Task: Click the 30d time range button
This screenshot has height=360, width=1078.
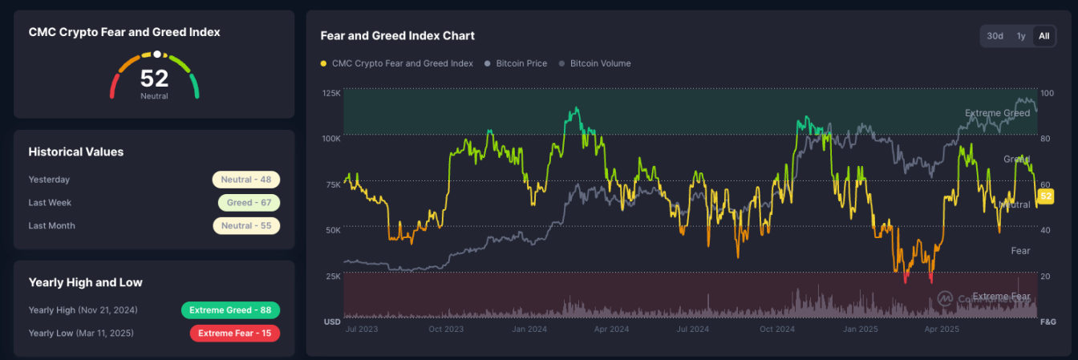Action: click(x=995, y=36)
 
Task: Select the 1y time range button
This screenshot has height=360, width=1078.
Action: click(x=1021, y=36)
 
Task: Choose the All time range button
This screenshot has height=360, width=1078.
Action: click(x=1044, y=36)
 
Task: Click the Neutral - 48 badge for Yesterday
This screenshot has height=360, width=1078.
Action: click(x=246, y=180)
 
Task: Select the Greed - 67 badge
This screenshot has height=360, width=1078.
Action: click(x=249, y=203)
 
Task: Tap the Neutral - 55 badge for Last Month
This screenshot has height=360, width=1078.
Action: click(x=246, y=226)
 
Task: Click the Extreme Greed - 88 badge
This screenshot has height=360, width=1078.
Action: click(x=230, y=310)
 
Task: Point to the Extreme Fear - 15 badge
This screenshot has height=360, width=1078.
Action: click(x=234, y=333)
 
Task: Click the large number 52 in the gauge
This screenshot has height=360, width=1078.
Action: click(x=154, y=79)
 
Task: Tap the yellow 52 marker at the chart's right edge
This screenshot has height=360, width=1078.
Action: click(x=1045, y=196)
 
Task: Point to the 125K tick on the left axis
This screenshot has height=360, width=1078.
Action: click(x=331, y=94)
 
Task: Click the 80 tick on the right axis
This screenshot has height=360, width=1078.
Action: click(x=1045, y=139)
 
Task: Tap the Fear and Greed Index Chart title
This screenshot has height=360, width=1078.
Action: click(x=397, y=36)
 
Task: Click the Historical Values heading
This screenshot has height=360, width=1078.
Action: click(x=76, y=152)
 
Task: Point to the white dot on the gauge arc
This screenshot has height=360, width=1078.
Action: click(x=157, y=55)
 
